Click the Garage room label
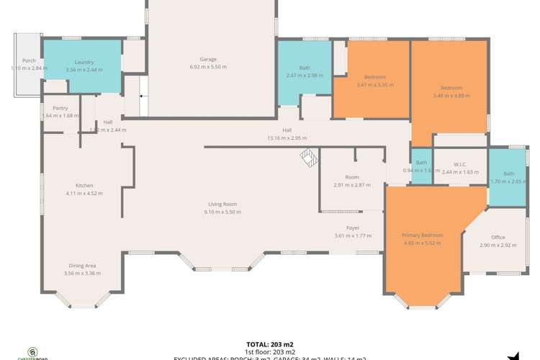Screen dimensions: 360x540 [x=208, y=59]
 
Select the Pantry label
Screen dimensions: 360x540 [x=60, y=108]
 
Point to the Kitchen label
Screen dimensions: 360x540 [x=84, y=185]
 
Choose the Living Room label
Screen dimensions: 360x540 [x=220, y=204]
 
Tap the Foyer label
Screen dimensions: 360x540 [x=353, y=228]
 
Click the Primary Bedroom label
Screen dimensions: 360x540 [x=422, y=235]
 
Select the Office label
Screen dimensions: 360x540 [x=498, y=237]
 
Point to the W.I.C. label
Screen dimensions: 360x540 [x=461, y=164]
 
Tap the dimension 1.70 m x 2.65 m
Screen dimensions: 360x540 [x=509, y=181]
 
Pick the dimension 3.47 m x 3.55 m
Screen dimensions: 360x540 [x=375, y=85]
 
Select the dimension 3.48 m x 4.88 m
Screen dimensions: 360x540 [x=451, y=95]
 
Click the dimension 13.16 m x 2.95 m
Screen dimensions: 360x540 [x=287, y=138]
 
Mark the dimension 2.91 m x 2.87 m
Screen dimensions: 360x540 [x=352, y=185]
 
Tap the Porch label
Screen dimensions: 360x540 [x=29, y=60]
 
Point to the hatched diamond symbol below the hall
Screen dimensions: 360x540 [x=308, y=157]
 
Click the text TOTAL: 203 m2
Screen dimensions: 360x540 [x=270, y=344]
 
